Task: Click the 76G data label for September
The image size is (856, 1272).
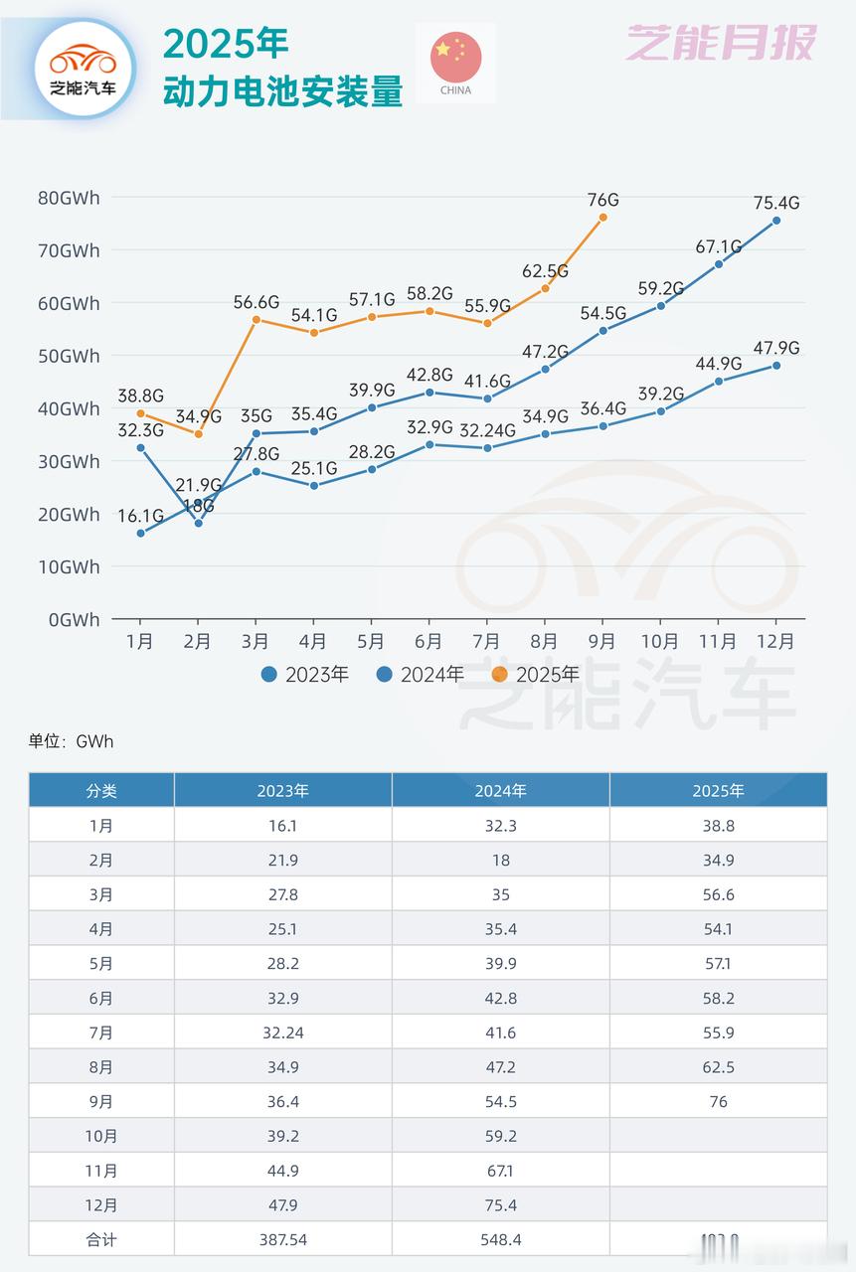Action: coord(602,199)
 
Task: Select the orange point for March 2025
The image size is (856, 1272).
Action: coord(256,320)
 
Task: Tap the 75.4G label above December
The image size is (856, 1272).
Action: coord(775,204)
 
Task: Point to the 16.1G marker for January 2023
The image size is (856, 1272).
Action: coord(140,534)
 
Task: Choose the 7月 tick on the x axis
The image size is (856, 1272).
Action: coord(486,642)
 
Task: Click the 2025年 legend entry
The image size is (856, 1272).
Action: coord(537,675)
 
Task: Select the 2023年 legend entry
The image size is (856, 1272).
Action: coord(306,675)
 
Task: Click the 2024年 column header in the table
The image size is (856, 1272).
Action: coord(500,791)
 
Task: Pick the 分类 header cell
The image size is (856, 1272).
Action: coord(101,791)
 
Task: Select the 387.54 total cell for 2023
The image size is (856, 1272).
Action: coord(282,1239)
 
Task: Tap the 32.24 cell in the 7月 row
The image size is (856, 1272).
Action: coord(282,1033)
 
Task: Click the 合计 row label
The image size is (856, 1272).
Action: coord(101,1239)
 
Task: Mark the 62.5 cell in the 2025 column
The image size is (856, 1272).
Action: coord(718,1067)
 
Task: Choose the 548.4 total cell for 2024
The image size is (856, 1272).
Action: coord(500,1239)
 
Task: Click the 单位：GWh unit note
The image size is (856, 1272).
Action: coord(65,741)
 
